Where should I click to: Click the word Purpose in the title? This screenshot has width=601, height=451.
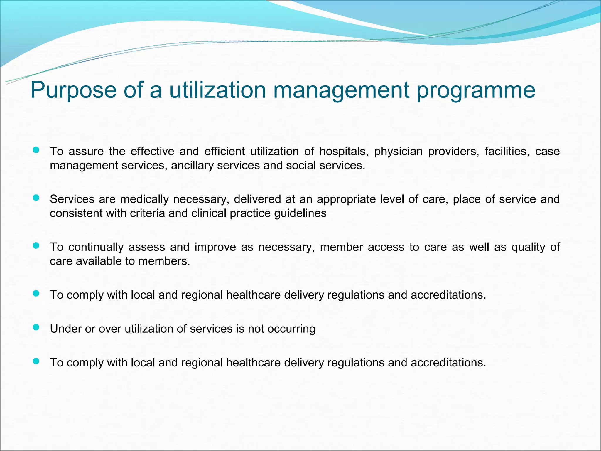pyautogui.click(x=73, y=90)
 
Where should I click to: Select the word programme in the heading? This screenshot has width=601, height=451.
pyautogui.click(x=476, y=90)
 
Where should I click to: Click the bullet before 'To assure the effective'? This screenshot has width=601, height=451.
pyautogui.click(x=36, y=150)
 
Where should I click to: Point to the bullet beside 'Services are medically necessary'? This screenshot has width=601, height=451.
pyautogui.click(x=36, y=198)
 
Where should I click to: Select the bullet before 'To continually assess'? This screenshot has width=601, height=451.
pyautogui.click(x=36, y=246)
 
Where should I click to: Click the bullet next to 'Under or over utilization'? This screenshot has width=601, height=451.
pyautogui.click(x=36, y=328)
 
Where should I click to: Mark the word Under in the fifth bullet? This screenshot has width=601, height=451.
pyautogui.click(x=65, y=329)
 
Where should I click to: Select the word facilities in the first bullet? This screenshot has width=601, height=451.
pyautogui.click(x=507, y=152)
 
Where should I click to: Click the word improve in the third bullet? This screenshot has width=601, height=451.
pyautogui.click(x=215, y=247)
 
